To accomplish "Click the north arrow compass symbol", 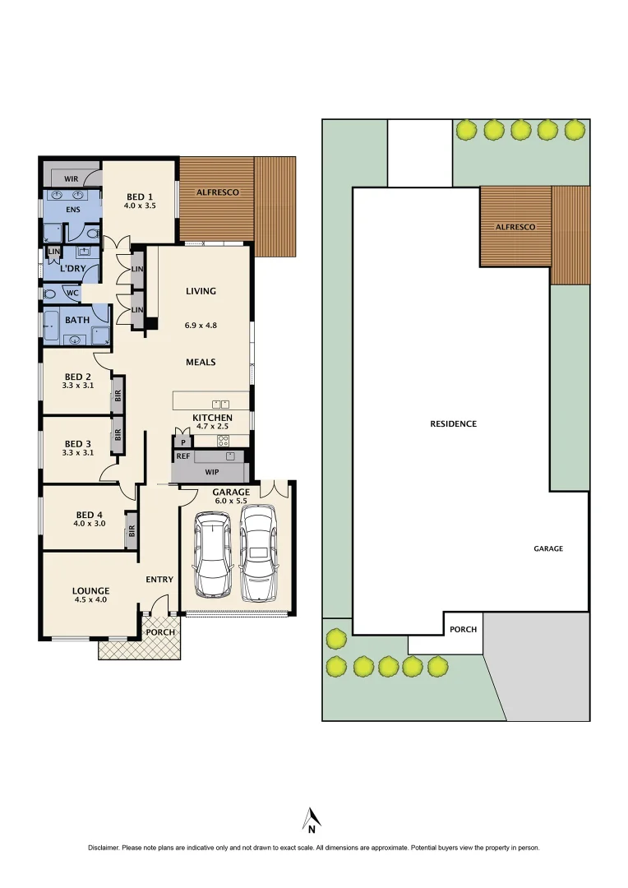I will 312,819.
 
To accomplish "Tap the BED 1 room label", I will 140,197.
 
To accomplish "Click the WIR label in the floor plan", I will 71,178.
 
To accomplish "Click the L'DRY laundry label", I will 73,269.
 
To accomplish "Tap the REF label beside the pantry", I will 182,456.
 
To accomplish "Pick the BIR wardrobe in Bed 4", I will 132,531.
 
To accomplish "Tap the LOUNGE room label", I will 90,590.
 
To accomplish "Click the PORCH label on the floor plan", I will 161,631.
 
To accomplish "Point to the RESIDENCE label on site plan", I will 453,424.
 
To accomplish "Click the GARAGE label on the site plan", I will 548,548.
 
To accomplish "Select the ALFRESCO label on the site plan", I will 515,226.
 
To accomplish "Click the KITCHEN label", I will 212,418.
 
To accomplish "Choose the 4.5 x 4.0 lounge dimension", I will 90,600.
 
